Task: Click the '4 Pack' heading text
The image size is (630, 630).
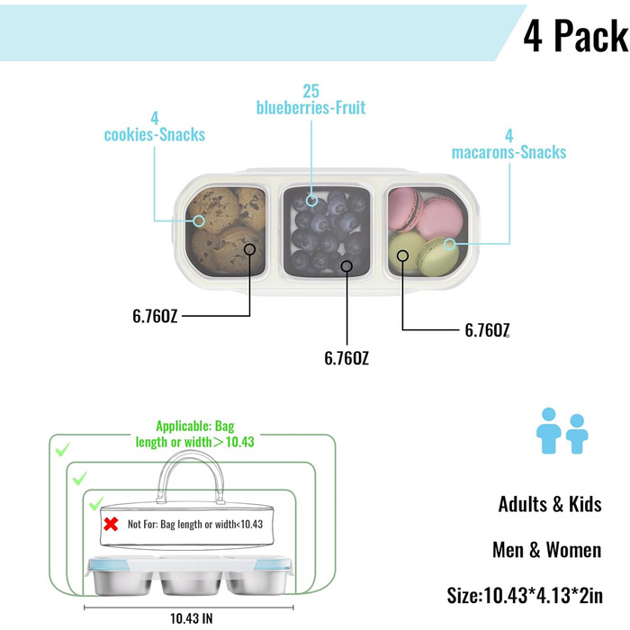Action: click(x=576, y=36)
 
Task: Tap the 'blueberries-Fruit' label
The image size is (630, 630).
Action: click(x=311, y=108)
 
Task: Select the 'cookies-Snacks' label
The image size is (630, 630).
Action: click(x=155, y=135)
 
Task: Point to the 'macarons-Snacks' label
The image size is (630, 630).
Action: click(x=509, y=152)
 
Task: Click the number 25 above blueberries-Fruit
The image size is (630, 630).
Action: click(x=311, y=91)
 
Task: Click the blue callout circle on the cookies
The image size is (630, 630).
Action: click(x=199, y=220)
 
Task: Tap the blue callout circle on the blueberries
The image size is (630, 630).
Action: click(x=311, y=200)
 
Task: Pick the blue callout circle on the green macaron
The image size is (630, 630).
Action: click(x=450, y=244)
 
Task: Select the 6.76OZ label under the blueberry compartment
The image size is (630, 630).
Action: click(x=346, y=358)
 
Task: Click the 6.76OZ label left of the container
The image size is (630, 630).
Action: click(x=155, y=316)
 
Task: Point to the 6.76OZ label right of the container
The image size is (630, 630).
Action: click(x=487, y=330)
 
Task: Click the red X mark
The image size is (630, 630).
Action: click(x=111, y=524)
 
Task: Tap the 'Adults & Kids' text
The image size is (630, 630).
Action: click(x=550, y=504)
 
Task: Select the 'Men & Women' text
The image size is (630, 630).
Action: click(x=547, y=550)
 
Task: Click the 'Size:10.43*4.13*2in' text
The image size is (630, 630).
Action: click(x=525, y=596)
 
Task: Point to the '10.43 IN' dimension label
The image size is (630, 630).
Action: click(x=191, y=618)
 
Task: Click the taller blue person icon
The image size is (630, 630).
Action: click(x=549, y=431)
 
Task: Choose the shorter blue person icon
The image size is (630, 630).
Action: click(x=577, y=434)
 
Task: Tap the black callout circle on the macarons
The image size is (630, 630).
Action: click(x=402, y=256)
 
